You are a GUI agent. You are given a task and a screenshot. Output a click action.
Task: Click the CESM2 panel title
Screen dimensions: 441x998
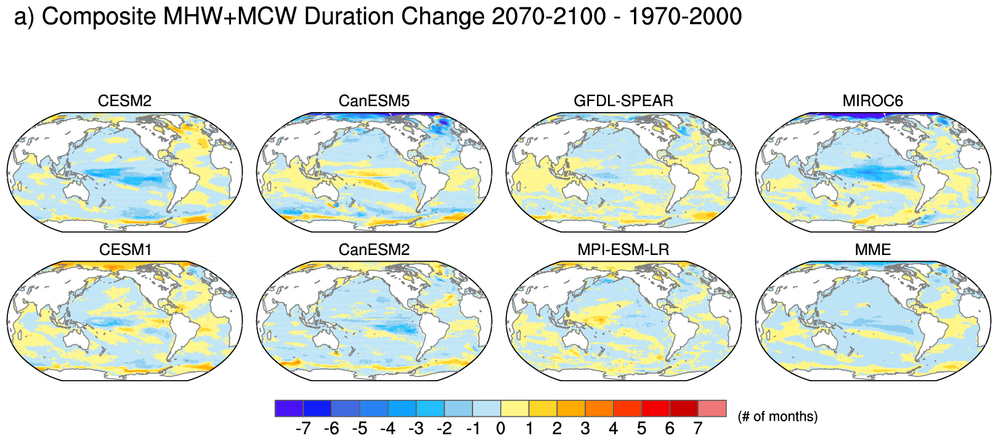point(124,101)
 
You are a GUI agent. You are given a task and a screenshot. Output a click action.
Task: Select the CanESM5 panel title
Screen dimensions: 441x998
point(374,101)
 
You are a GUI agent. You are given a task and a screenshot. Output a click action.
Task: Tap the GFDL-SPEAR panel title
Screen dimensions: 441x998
point(623,101)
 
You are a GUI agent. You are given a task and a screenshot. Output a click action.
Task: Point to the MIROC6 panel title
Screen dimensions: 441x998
point(872,101)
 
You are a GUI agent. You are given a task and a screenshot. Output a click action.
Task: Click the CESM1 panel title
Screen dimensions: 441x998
point(124,250)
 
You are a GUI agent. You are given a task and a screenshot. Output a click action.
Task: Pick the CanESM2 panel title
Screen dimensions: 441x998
point(374,250)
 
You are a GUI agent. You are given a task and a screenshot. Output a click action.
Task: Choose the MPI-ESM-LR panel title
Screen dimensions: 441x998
point(623,250)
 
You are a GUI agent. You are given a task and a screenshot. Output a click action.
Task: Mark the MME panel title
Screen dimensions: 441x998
point(872,250)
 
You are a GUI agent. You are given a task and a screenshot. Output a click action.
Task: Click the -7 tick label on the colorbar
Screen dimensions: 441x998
point(302,429)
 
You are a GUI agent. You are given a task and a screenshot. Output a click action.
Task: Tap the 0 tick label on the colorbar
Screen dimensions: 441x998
point(500,429)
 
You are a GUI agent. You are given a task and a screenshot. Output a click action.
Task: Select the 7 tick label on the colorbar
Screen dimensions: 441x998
point(697,429)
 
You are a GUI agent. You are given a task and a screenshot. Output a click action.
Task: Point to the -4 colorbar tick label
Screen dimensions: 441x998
point(387,429)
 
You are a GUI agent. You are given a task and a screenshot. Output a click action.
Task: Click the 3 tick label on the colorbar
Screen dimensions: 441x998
point(585,429)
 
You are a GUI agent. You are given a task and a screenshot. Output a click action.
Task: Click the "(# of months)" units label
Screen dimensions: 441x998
point(777,417)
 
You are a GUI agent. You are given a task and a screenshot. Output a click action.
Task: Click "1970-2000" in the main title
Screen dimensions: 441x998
point(685,17)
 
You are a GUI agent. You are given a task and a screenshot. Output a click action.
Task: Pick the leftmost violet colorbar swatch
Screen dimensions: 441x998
point(289,408)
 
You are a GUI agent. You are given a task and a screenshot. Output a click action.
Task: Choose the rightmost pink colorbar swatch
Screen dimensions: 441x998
point(712,408)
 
